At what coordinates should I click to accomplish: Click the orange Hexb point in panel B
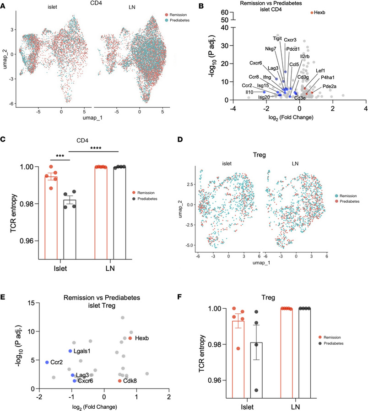(312, 13)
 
